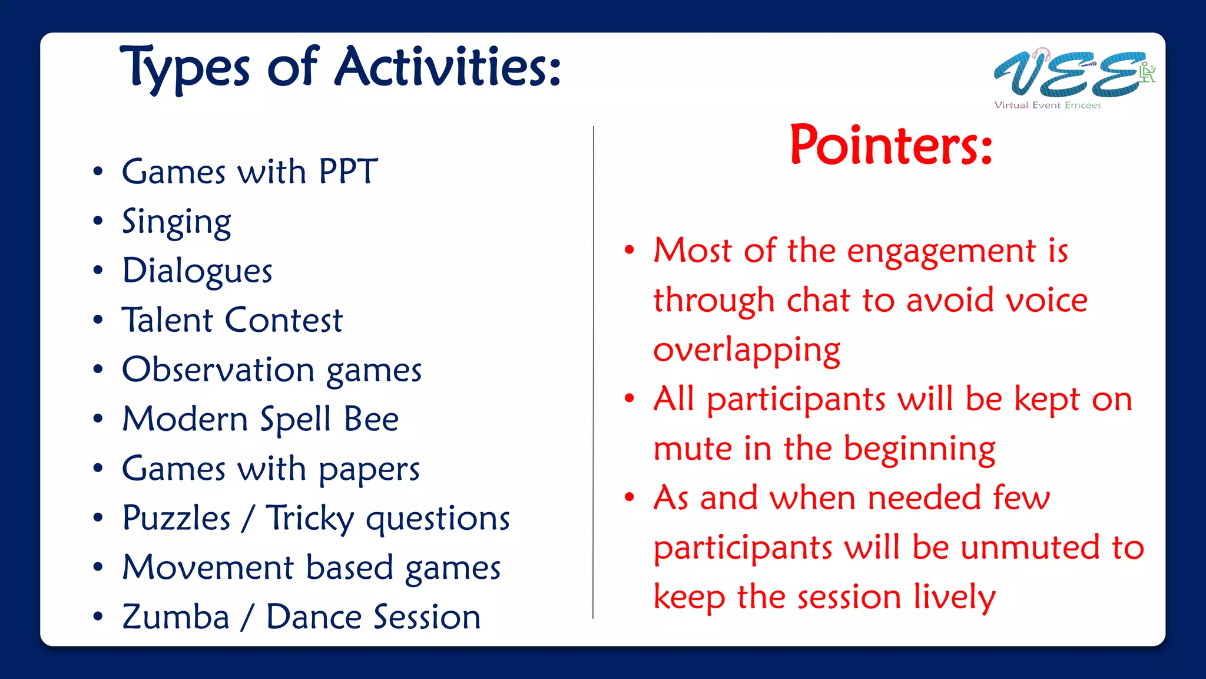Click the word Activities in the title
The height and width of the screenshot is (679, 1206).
448,67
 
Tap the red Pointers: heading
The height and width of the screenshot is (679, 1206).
891,145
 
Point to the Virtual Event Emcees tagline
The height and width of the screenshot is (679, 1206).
1047,105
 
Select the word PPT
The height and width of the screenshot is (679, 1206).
347,172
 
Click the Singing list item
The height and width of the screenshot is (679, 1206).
176,223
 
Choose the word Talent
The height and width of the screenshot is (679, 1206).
167,320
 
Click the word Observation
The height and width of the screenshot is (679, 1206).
218,370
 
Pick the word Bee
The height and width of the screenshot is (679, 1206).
371,419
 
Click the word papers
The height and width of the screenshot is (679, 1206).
369,470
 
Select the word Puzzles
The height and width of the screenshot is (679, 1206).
176,518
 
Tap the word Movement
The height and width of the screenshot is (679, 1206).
208,568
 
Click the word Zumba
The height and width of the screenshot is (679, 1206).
175,617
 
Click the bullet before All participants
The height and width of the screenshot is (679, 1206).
629,398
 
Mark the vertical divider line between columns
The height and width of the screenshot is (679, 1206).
593,371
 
